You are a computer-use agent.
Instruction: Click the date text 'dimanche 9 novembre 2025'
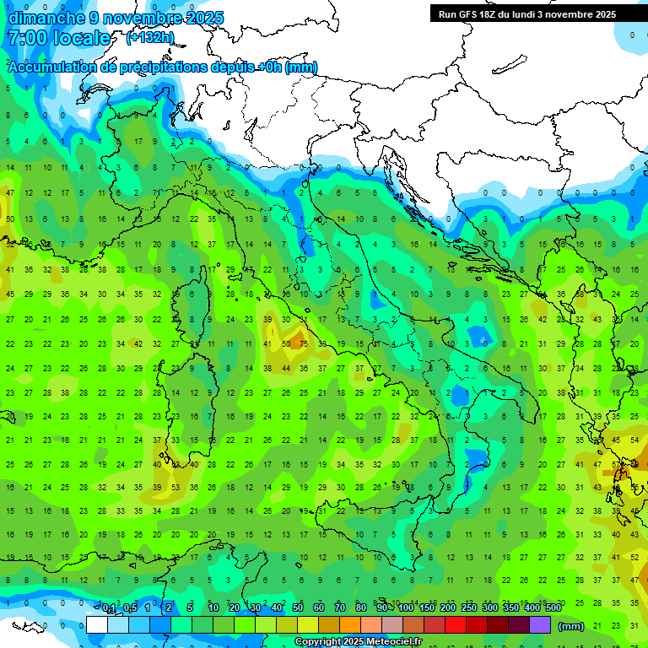[116, 17]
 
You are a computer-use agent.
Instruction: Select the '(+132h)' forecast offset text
[150, 37]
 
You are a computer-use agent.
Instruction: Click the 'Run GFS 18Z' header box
[527, 13]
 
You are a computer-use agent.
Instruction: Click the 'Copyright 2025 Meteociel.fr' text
[364, 642]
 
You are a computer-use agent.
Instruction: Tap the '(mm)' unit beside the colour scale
[570, 626]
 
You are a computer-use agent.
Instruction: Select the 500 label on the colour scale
[553, 608]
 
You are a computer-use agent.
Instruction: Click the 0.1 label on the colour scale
[109, 608]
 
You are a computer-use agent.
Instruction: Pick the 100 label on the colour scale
[406, 608]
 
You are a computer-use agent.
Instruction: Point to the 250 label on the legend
[468, 608]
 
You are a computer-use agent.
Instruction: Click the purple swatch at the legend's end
[540, 625]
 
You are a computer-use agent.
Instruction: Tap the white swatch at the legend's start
[97, 625]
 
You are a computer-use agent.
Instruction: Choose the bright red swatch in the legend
[456, 625]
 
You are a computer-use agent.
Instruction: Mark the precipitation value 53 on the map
[175, 488]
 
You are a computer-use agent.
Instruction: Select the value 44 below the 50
[286, 369]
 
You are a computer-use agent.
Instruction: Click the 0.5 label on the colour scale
[130, 608]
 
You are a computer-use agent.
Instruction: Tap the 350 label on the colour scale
[510, 608]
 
